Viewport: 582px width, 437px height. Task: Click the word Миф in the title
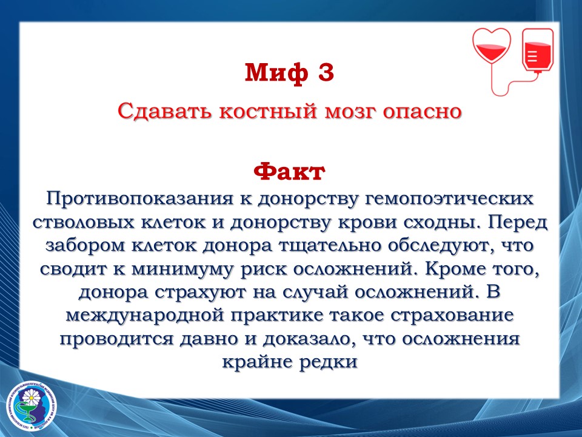tap(276, 72)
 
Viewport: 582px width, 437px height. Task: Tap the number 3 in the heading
tap(326, 72)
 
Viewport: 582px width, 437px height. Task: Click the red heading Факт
tap(289, 172)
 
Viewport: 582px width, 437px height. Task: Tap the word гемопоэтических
tap(449, 199)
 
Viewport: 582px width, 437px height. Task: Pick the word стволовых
tap(83, 223)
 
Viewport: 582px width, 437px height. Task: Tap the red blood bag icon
tap(538, 50)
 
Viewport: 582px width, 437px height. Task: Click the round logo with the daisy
tap(32, 407)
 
